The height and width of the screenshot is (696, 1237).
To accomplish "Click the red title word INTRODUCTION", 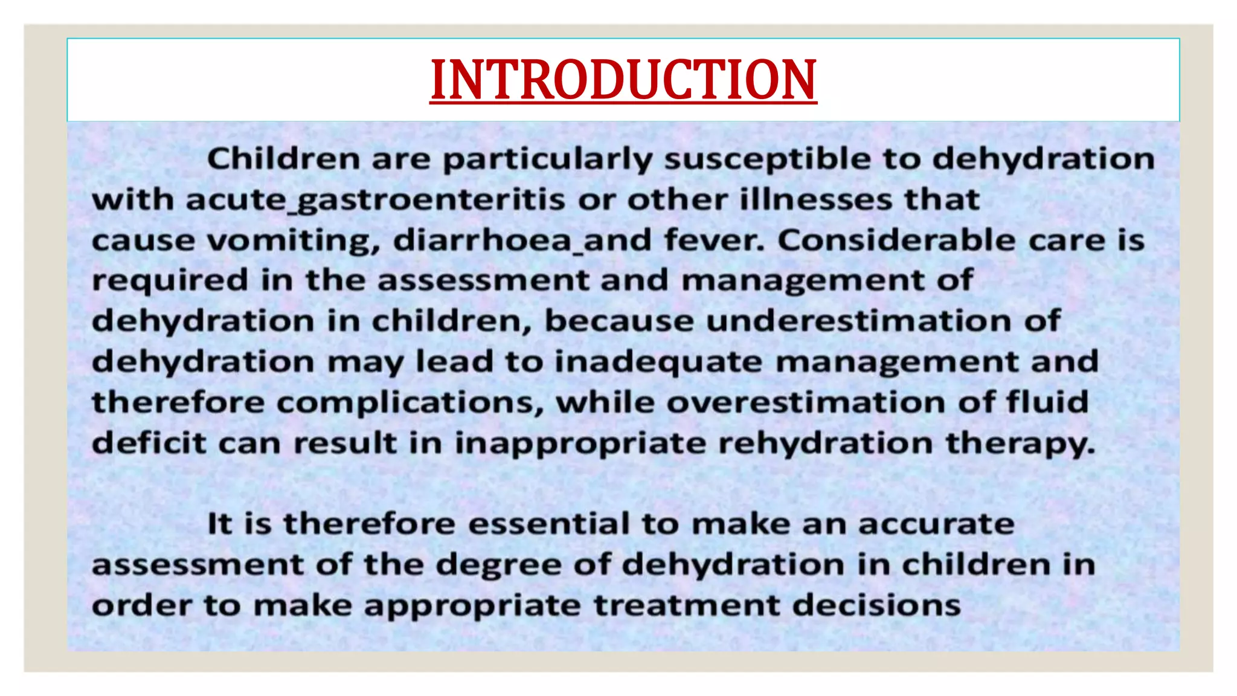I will coord(623,80).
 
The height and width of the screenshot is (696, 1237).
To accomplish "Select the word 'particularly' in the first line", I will coord(547,159).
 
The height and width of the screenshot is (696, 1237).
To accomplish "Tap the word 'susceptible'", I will coord(767,159).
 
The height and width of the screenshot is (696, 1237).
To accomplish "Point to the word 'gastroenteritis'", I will coord(432,200).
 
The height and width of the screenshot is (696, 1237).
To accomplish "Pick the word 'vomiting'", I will coord(294,240).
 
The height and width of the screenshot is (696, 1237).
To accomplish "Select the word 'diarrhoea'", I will coord(482,240).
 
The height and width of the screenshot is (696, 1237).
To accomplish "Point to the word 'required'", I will coord(170,281).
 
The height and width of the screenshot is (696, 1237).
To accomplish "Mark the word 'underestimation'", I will coord(858,321).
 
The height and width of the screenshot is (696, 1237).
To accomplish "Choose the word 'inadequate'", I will coord(658,362).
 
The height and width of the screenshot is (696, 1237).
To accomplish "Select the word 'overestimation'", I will coord(806,403).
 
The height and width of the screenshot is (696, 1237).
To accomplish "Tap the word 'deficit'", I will coord(149,443).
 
